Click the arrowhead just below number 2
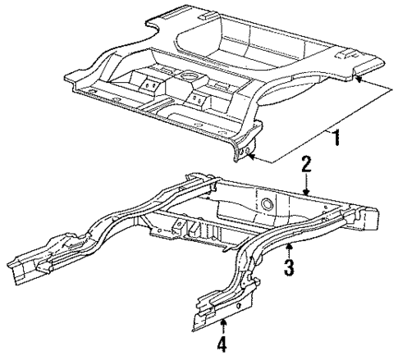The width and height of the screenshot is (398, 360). tap(306, 192)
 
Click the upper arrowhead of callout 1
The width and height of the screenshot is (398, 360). tap(358, 79)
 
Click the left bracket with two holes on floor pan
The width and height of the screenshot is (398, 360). tap(149, 84)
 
